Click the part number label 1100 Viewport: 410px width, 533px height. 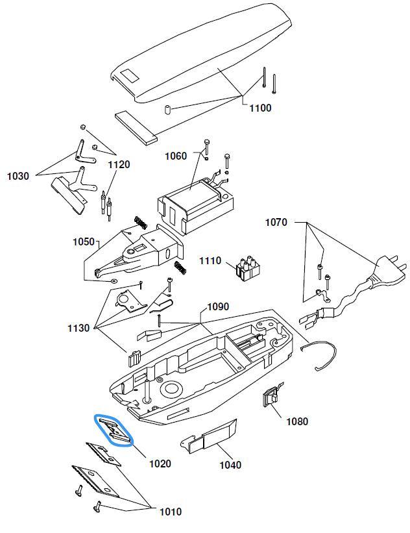pos(260,108)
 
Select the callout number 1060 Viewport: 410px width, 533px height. pos(175,156)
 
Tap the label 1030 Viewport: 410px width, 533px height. pos(19,176)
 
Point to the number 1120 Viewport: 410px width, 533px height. pos(119,165)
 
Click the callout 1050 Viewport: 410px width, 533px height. pos(84,242)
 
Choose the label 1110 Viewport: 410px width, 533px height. pos(210,261)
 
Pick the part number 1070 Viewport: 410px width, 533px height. pos(276,223)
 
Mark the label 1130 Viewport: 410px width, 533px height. pos(78,328)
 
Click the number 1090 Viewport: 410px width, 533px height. pos(217,306)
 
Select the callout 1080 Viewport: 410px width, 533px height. pos(297,421)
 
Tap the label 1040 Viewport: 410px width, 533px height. pos(230,465)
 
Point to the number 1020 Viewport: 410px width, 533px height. pos(160,464)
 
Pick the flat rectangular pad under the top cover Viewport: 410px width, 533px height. pos(136,127)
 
